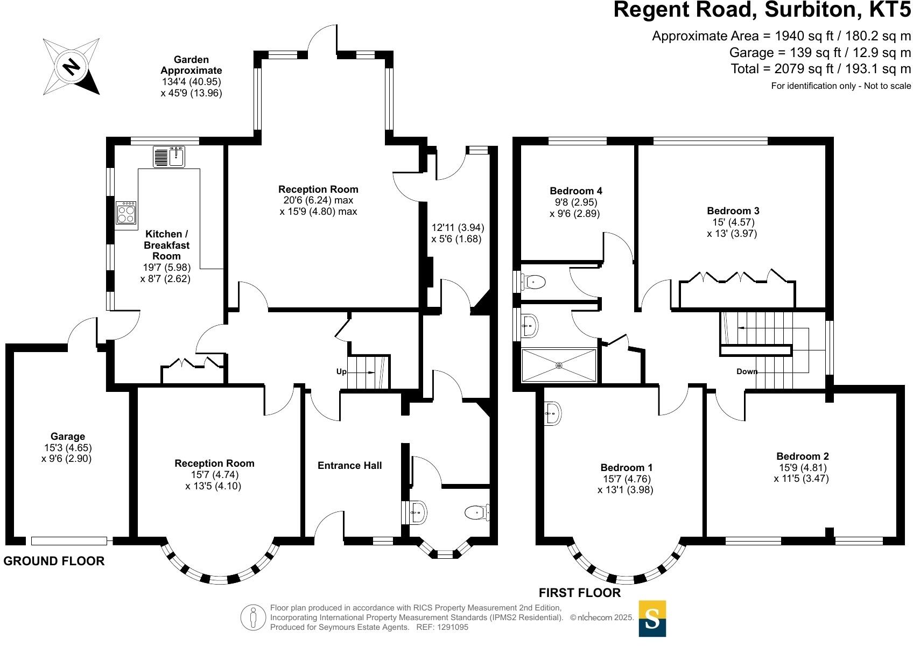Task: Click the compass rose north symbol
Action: pyautogui.click(x=72, y=66)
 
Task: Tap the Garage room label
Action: pyautogui.click(x=68, y=437)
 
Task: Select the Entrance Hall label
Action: pyautogui.click(x=349, y=466)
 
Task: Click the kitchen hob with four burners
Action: pyautogui.click(x=126, y=213)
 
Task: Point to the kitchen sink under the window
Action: pyautogui.click(x=177, y=157)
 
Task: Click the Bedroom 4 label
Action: pyautogui.click(x=575, y=191)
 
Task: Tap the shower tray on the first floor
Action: pyautogui.click(x=559, y=366)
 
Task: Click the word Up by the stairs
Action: pyautogui.click(x=341, y=372)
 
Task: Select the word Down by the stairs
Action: pyautogui.click(x=747, y=371)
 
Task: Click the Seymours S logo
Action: pyautogui.click(x=652, y=619)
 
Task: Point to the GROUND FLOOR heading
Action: pyautogui.click(x=54, y=561)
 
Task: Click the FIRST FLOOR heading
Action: pyautogui.click(x=579, y=593)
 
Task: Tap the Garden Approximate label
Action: pyautogui.click(x=191, y=65)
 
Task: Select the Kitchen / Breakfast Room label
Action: pyautogui.click(x=166, y=245)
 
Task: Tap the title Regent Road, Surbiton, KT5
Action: pyautogui.click(x=762, y=10)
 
